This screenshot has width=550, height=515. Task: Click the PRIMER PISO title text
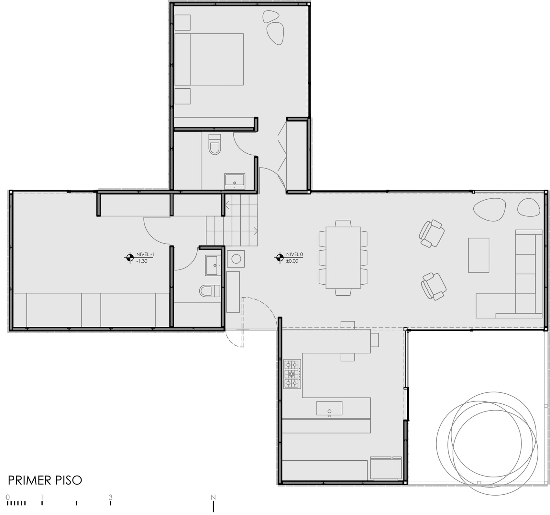pyautogui.click(x=45, y=480)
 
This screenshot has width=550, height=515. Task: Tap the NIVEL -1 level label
pyautogui.click(x=145, y=255)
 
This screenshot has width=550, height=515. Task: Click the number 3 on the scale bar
pyautogui.click(x=110, y=497)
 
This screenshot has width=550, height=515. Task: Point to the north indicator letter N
pyautogui.click(x=213, y=497)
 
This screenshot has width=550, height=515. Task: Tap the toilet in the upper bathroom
pyautogui.click(x=214, y=144)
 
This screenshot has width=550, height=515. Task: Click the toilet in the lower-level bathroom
pyautogui.click(x=210, y=291)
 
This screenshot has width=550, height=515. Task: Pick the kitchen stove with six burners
pyautogui.click(x=292, y=374)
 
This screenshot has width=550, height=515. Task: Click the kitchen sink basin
pyautogui.click(x=329, y=408)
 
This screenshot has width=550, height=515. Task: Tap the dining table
pyautogui.click(x=343, y=257)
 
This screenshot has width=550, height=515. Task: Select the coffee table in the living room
pyautogui.click(x=478, y=255)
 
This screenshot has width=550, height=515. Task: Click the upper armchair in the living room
pyautogui.click(x=432, y=234)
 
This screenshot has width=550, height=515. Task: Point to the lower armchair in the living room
pyautogui.click(x=434, y=286)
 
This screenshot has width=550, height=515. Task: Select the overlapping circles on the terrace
pyautogui.click(x=487, y=443)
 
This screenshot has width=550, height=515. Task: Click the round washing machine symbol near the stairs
pyautogui.click(x=236, y=259)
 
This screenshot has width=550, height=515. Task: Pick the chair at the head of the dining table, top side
pyautogui.click(x=343, y=223)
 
